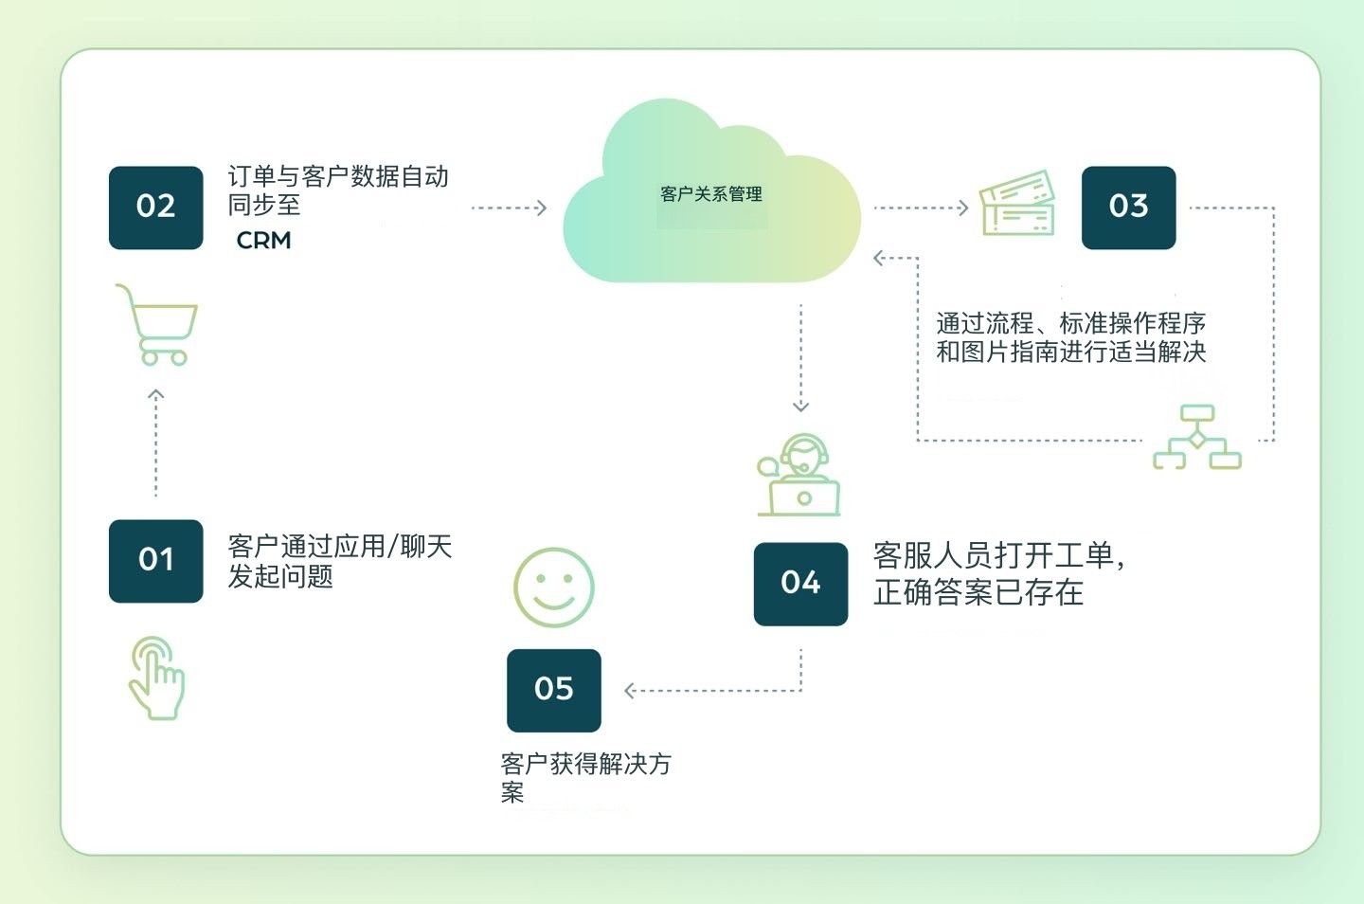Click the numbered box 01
pyautogui.click(x=155, y=560)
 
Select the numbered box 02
pyautogui.click(x=155, y=208)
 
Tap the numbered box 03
pyautogui.click(x=1128, y=208)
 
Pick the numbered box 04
pyautogui.click(x=800, y=584)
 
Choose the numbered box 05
pyautogui.click(x=553, y=690)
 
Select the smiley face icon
pyautogui.click(x=553, y=588)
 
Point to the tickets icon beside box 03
pyautogui.click(x=1017, y=203)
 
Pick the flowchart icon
pyautogui.click(x=1197, y=438)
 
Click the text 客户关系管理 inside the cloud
pyautogui.click(x=711, y=194)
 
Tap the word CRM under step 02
pyautogui.click(x=263, y=241)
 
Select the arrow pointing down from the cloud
pyautogui.click(x=801, y=358)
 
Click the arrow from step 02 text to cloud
pyautogui.click(x=509, y=208)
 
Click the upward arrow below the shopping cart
pyautogui.click(x=156, y=442)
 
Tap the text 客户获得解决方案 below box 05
pyautogui.click(x=584, y=764)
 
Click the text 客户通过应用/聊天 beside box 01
pyautogui.click(x=340, y=547)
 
